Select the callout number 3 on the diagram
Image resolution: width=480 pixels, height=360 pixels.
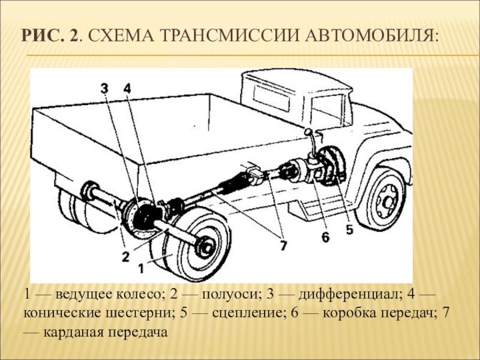point(104,89)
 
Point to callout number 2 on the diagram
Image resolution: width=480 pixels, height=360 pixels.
point(125,257)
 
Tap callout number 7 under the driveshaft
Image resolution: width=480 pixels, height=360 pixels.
point(282,244)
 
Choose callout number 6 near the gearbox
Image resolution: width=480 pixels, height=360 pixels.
point(325,238)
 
